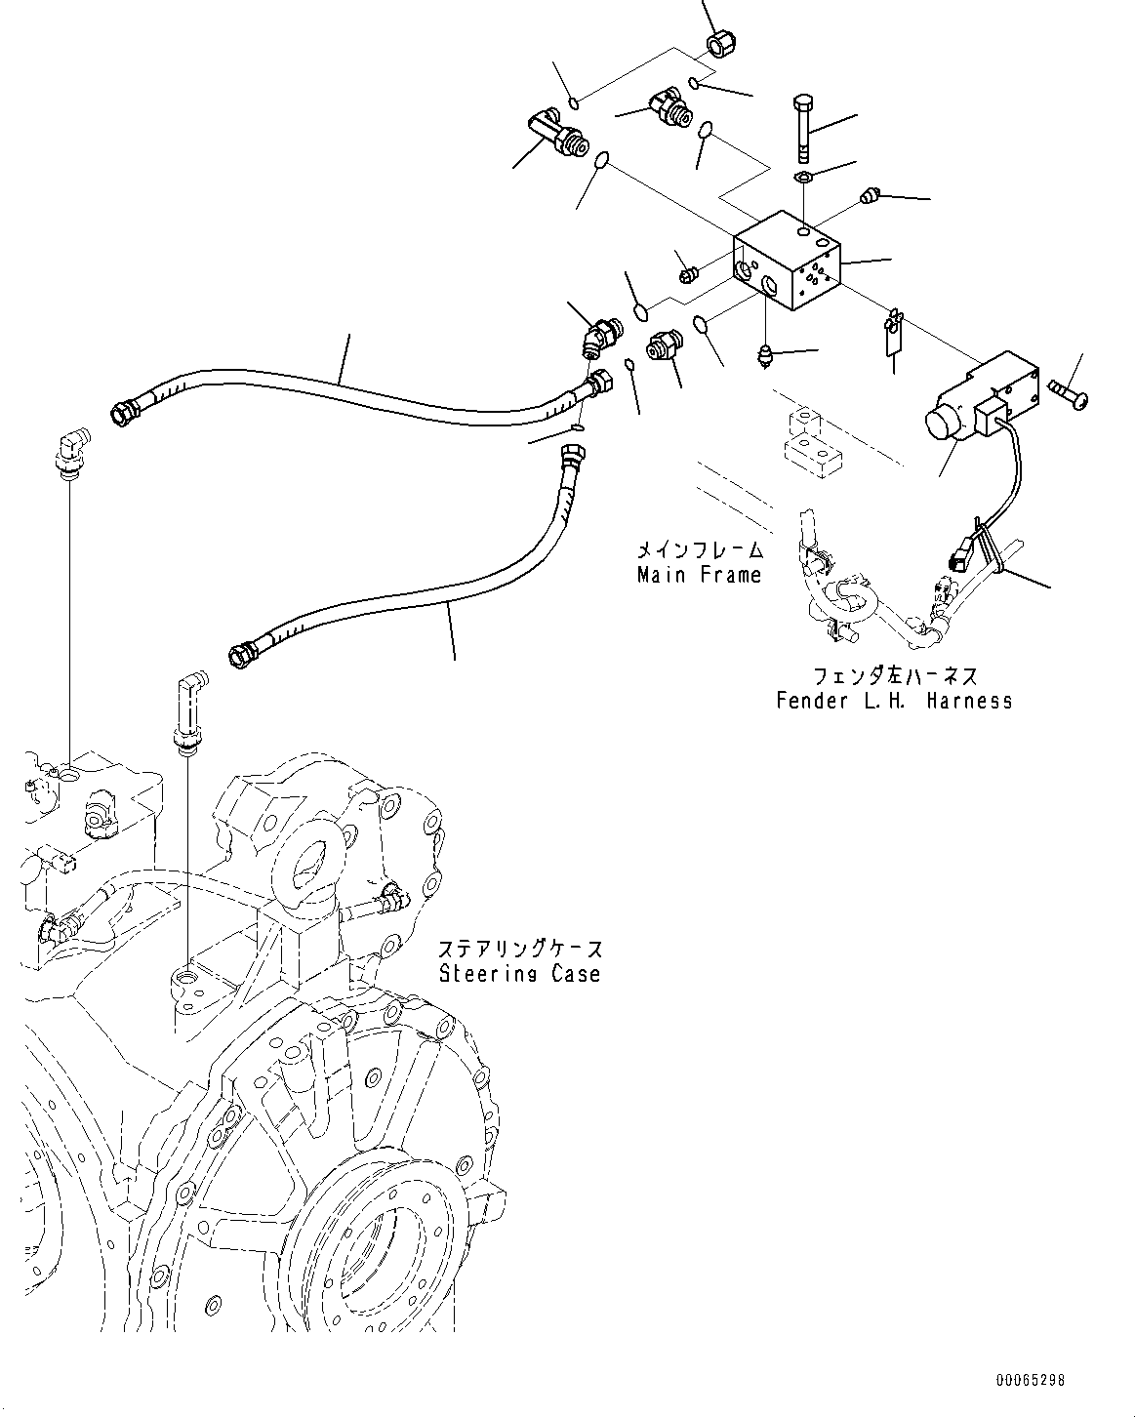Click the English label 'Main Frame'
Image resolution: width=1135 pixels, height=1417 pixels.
698,576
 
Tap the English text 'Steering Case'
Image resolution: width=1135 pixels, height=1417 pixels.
519,973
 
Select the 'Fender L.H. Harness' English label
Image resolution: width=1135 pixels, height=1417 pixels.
894,701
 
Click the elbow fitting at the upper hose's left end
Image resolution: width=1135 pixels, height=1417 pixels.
70,453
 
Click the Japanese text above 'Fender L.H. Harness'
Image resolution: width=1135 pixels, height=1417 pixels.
894,675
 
